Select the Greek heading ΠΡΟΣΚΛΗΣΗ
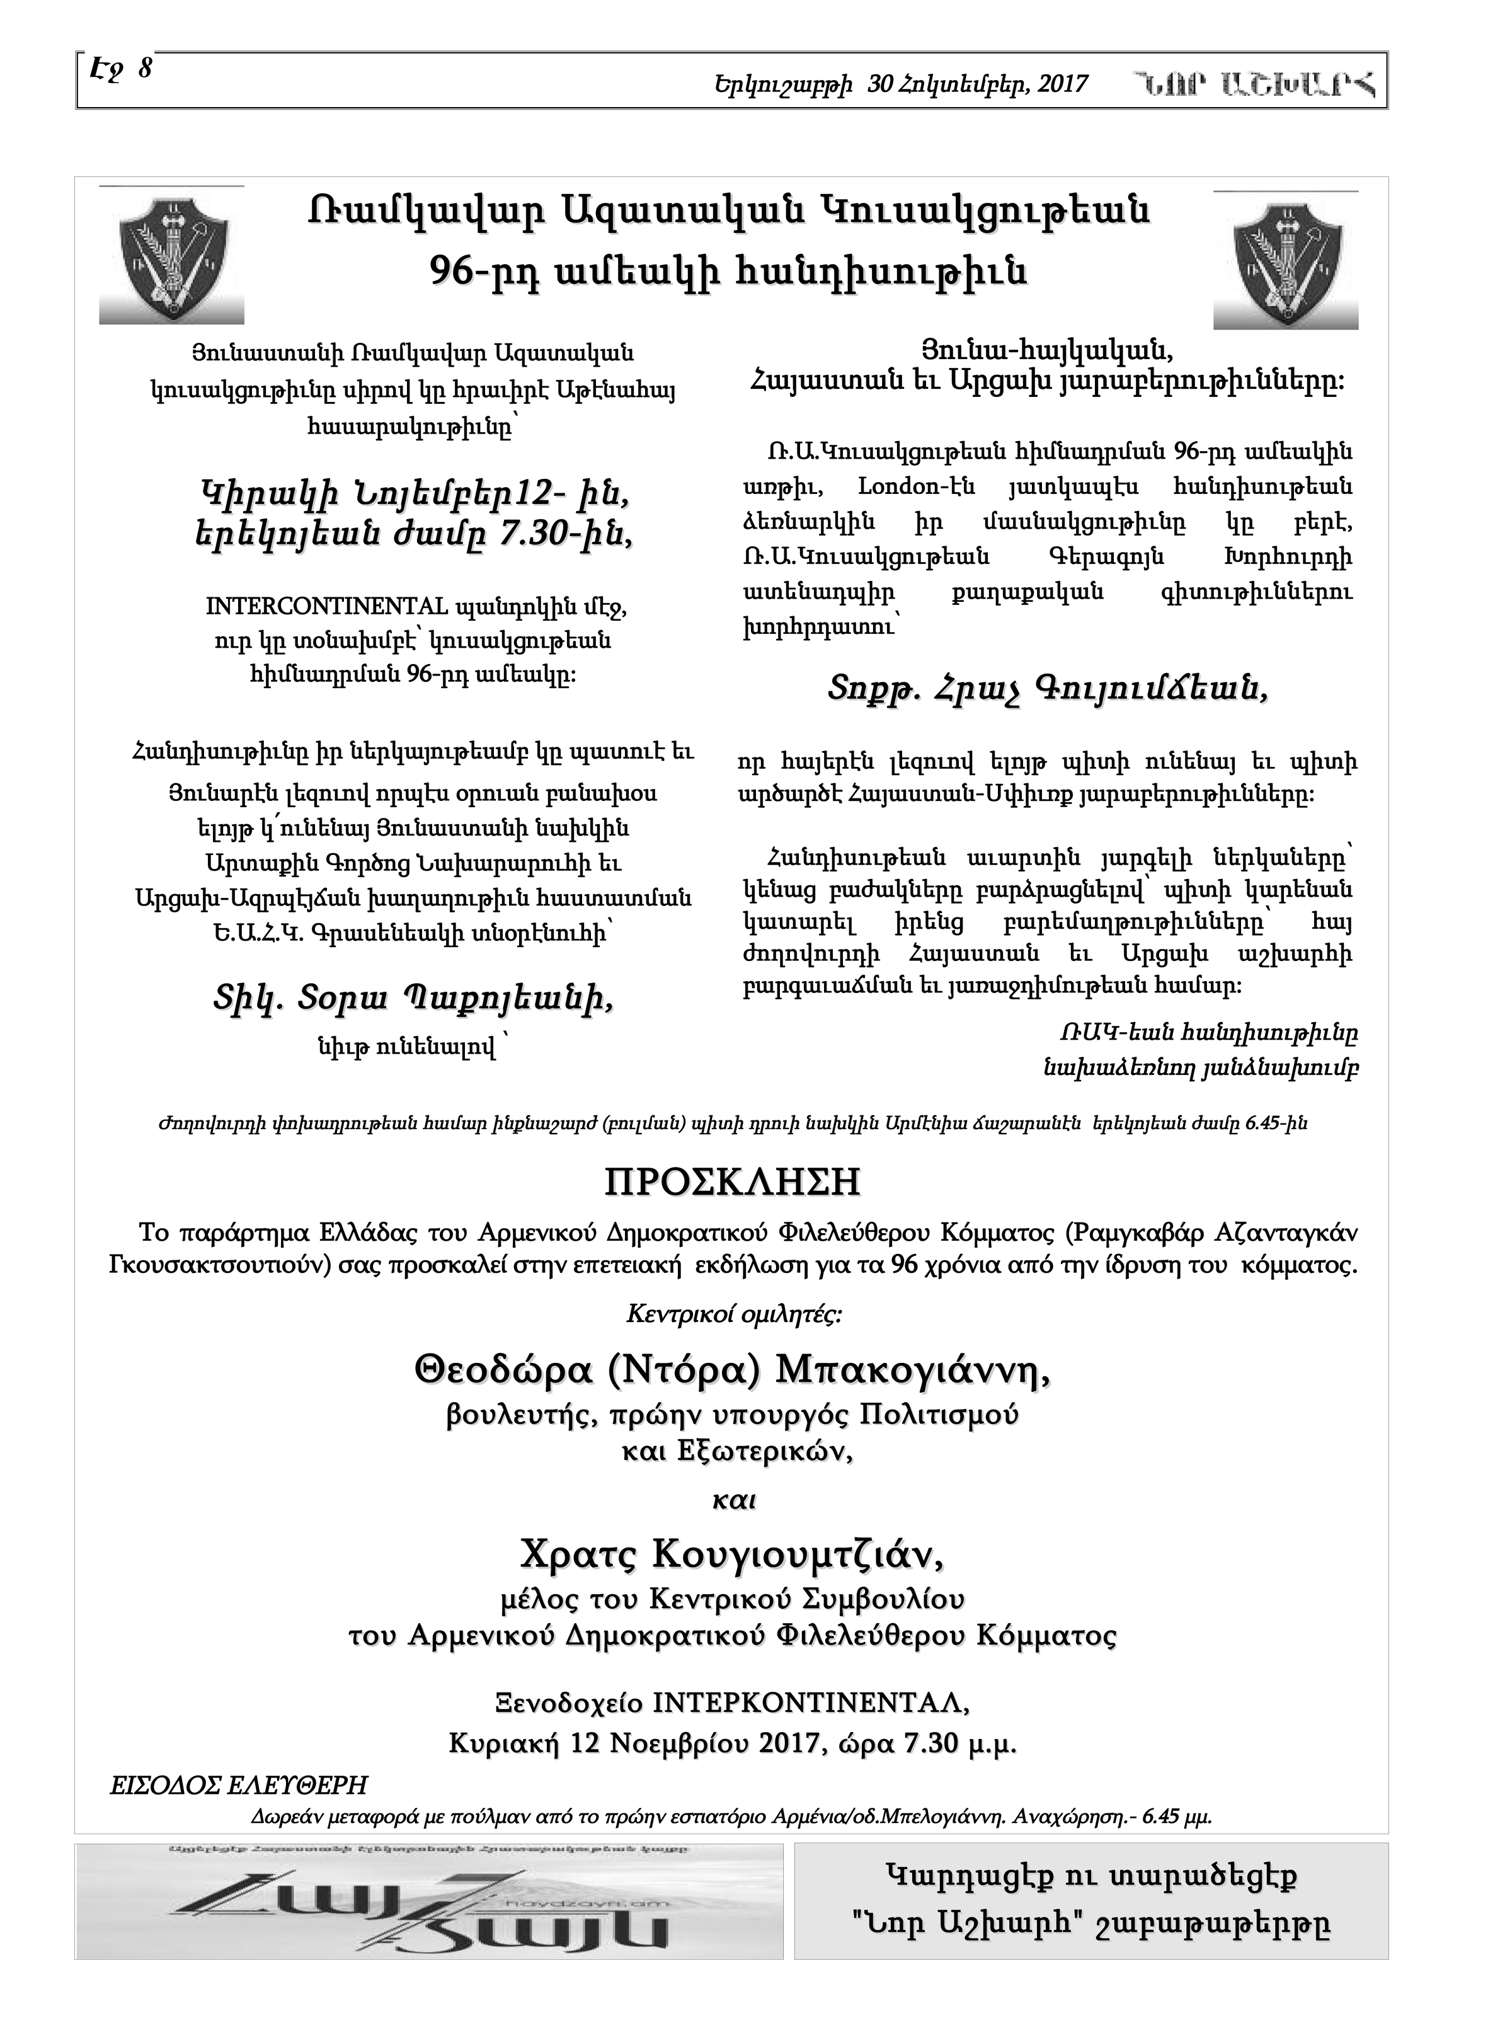coord(732,1182)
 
